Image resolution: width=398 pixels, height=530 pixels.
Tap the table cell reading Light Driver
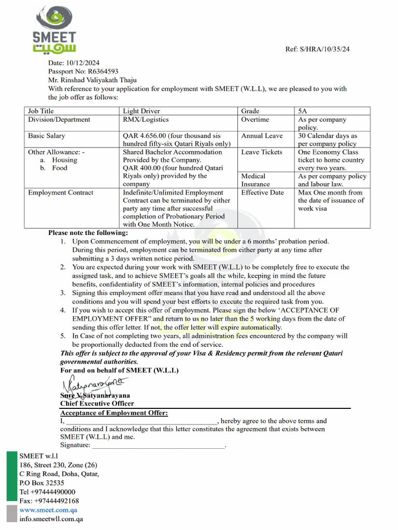pos(141,111)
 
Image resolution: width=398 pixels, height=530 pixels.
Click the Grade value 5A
pos(303,111)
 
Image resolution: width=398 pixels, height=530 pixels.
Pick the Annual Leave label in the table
pos(262,136)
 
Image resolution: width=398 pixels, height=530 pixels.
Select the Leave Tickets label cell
pos(262,152)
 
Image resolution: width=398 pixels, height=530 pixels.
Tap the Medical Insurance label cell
pos(256,180)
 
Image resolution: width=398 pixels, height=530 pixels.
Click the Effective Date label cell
pos(262,193)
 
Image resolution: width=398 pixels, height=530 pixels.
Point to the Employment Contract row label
pos(61,193)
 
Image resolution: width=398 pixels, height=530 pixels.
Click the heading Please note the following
pos(88,233)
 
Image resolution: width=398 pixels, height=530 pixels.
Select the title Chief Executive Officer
pos(97,403)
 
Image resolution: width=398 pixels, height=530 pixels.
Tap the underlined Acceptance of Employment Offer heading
pos(114,413)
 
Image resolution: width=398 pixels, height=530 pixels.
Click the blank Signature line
pos(159,445)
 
